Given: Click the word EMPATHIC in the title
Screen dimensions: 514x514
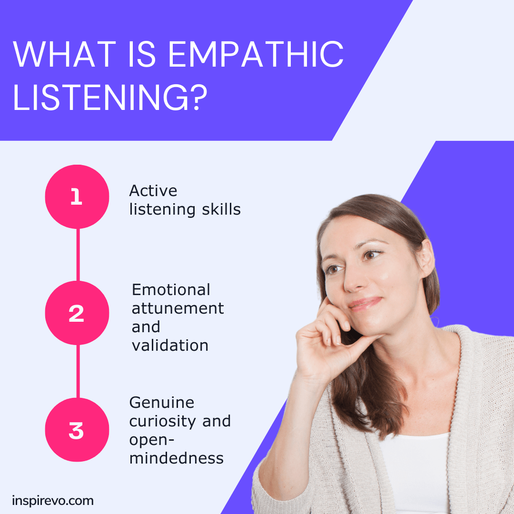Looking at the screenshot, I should pyautogui.click(x=255, y=55).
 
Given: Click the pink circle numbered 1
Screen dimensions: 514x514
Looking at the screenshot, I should pyautogui.click(x=77, y=197).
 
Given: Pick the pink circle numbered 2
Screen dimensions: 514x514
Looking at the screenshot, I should pyautogui.click(x=77, y=313).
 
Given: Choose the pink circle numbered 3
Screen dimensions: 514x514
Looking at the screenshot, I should pyautogui.click(x=77, y=430).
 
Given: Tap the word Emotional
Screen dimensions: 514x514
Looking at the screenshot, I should pyautogui.click(x=171, y=290).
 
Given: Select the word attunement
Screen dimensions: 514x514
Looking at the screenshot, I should pyautogui.click(x=178, y=308).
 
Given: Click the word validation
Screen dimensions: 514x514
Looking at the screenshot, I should pyautogui.click(x=170, y=346).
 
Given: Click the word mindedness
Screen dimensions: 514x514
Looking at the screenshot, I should pyautogui.click(x=176, y=458).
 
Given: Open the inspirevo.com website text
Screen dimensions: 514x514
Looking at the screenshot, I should pyautogui.click(x=53, y=501).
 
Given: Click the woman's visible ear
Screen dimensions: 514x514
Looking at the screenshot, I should pyautogui.click(x=425, y=257).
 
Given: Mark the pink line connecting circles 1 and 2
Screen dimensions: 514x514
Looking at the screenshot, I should pyautogui.click(x=77, y=255).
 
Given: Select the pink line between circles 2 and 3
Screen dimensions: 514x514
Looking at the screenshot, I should pyautogui.click(x=77, y=371).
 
